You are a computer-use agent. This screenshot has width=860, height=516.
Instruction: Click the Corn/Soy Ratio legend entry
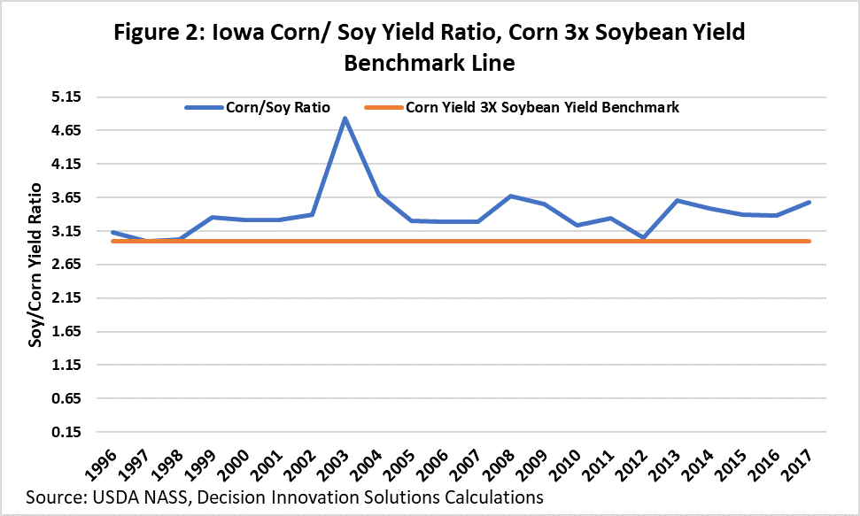click(257, 108)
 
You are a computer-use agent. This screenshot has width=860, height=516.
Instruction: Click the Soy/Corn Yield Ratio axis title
click(36, 265)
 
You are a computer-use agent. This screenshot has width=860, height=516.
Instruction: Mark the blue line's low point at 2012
click(644, 238)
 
